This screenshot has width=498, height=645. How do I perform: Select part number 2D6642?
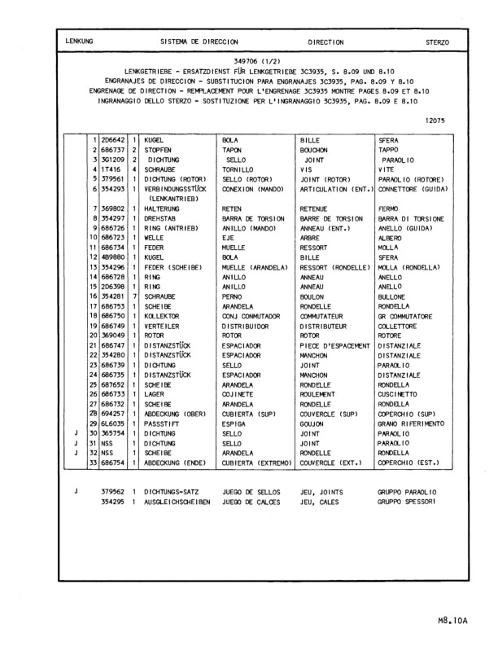point(113,140)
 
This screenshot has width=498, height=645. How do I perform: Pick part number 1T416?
point(110,169)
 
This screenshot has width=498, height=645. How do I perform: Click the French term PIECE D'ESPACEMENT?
point(334,345)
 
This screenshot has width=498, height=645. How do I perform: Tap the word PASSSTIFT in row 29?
point(161,423)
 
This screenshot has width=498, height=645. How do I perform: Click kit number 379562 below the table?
point(113,492)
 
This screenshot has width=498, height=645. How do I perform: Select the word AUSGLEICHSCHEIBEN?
point(177,502)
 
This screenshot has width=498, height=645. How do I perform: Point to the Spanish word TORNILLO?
point(238,169)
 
